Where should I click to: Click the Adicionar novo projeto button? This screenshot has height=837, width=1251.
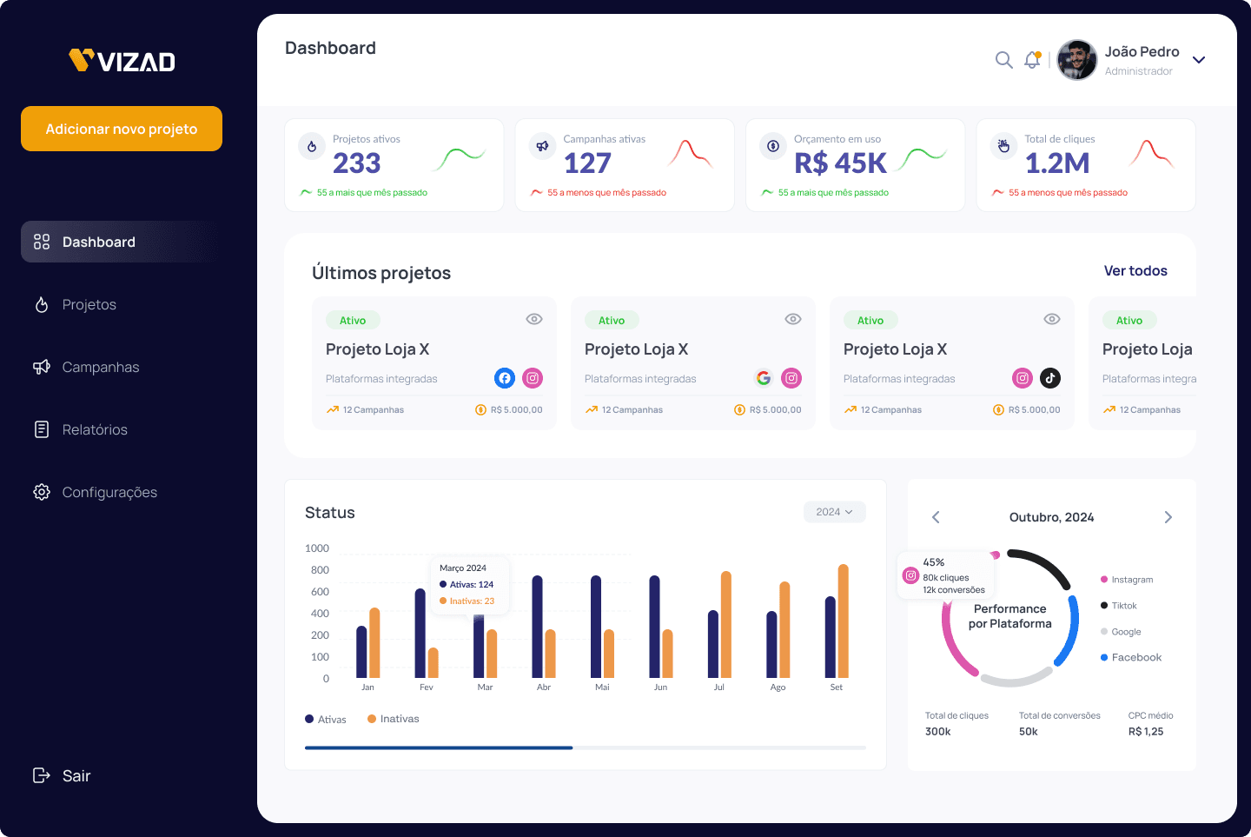[122, 129]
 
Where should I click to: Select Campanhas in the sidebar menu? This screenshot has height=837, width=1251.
[100, 367]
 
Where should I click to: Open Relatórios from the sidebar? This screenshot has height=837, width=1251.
[94, 429]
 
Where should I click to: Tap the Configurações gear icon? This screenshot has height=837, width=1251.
[42, 492]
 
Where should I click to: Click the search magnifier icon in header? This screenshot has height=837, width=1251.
[1003, 60]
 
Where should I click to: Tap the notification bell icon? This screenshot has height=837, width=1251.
[1032, 60]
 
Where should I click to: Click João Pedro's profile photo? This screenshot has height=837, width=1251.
[1076, 60]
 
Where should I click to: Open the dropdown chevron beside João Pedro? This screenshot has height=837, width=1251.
[1199, 60]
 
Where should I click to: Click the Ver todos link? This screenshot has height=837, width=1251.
[1135, 271]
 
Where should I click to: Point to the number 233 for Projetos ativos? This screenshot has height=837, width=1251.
[356, 163]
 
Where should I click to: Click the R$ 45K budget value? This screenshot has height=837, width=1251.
[840, 163]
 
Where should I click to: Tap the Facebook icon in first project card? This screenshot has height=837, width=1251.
[505, 378]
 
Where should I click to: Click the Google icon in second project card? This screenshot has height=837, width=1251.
[764, 378]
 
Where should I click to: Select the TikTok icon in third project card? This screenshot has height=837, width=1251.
[1050, 378]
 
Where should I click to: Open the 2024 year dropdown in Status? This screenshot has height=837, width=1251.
[834, 512]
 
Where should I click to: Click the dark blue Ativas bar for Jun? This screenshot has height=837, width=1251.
[654, 626]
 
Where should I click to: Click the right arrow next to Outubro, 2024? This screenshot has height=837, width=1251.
[1168, 517]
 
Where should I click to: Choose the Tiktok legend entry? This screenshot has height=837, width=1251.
[1123, 606]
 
